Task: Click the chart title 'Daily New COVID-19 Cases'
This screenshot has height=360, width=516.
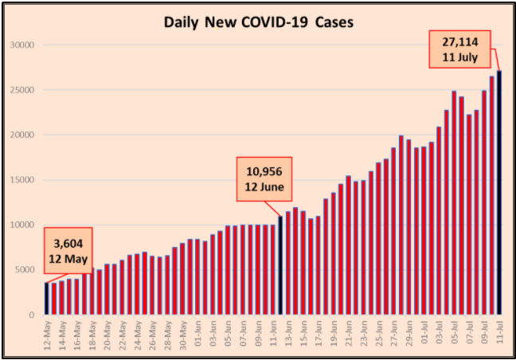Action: [258, 22]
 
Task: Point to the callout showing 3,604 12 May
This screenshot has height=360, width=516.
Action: [69, 251]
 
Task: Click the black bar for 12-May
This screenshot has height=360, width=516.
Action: [45, 299]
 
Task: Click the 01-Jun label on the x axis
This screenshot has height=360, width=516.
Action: [197, 334]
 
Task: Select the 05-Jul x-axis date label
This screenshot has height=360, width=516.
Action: [454, 334]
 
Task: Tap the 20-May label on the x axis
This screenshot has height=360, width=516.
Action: [106, 334]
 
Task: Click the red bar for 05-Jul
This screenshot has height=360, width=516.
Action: [454, 203]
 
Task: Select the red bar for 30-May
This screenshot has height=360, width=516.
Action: [182, 279]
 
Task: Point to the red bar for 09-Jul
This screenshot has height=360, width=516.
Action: [484, 202]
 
